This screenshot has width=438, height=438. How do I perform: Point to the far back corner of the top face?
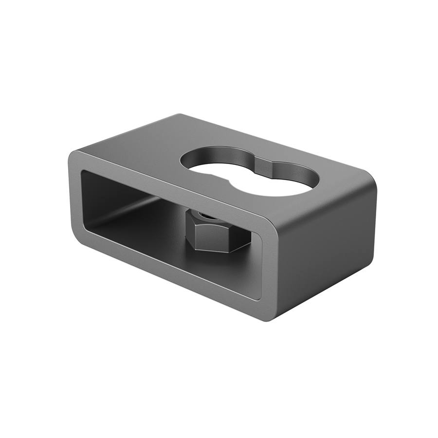click(x=181, y=115)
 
